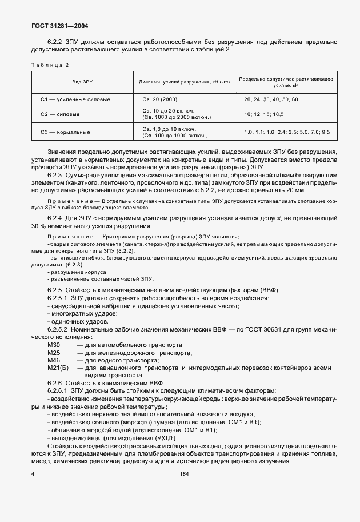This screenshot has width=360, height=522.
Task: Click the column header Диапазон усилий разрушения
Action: [184, 82]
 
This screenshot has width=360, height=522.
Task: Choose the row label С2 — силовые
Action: [60, 114]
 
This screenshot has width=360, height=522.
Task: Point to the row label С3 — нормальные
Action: [65, 132]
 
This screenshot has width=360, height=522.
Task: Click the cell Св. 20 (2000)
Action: [159, 99]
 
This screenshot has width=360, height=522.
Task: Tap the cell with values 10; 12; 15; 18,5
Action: [263, 114]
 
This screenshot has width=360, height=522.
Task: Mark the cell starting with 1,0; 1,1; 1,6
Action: [286, 132]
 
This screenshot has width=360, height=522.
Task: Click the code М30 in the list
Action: [54, 345]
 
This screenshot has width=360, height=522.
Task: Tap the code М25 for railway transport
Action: [54, 353]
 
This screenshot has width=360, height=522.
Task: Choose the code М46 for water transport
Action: [54, 361]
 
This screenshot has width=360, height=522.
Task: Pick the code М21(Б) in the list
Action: [58, 369]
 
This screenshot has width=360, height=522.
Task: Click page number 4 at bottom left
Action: [33, 474]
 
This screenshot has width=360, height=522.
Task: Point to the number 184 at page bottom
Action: [184, 474]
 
